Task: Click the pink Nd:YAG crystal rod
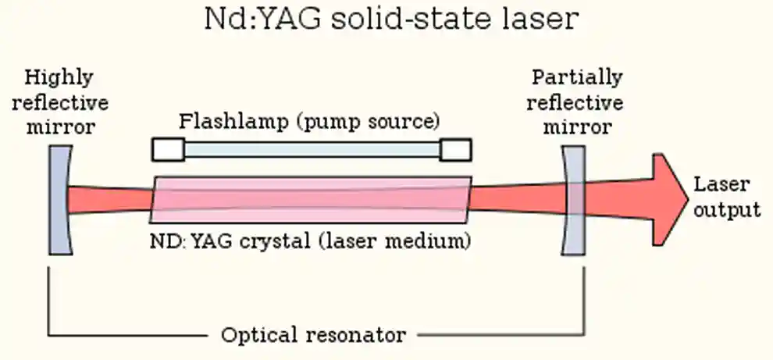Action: click(x=312, y=201)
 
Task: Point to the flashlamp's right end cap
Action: click(x=455, y=149)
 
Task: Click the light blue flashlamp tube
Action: click(x=312, y=149)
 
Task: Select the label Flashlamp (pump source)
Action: click(x=309, y=122)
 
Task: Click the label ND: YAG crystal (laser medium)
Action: click(x=309, y=241)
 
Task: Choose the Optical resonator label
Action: click(x=313, y=335)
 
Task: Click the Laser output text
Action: click(x=726, y=198)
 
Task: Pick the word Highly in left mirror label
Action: click(x=59, y=78)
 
